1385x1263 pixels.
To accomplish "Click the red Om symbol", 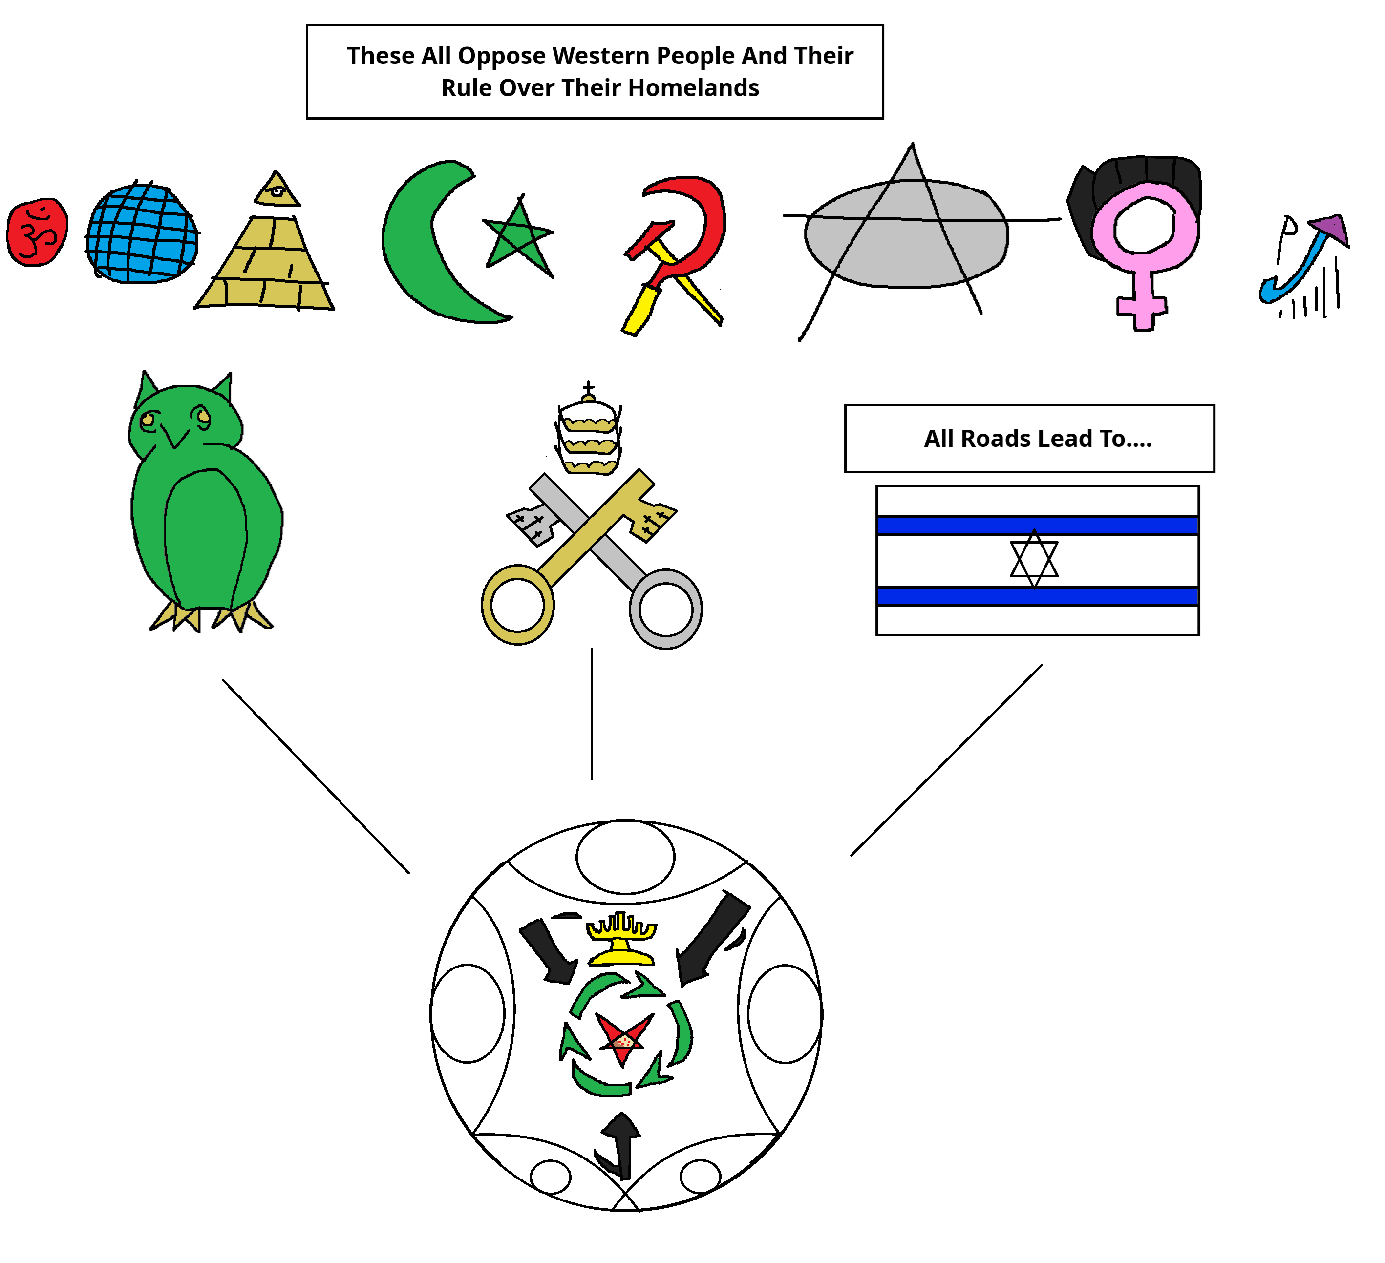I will [x=37, y=232].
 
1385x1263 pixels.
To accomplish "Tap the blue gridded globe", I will [x=142, y=233].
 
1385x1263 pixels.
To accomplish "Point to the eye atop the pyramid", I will [x=277, y=191].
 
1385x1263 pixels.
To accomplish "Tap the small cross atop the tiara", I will [x=588, y=387].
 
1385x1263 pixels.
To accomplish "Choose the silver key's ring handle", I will [x=665, y=609].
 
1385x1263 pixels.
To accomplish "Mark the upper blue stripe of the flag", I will [x=1037, y=526].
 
